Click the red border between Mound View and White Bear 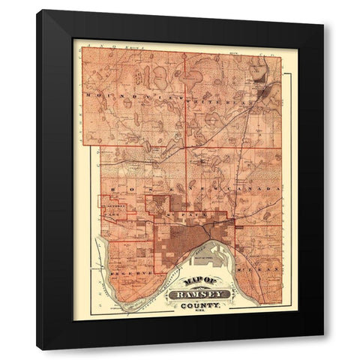pyautogui.click(x=185, y=97)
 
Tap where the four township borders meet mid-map pyautogui.click(x=186, y=145)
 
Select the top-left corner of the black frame pyautogui.click(x=38, y=11)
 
